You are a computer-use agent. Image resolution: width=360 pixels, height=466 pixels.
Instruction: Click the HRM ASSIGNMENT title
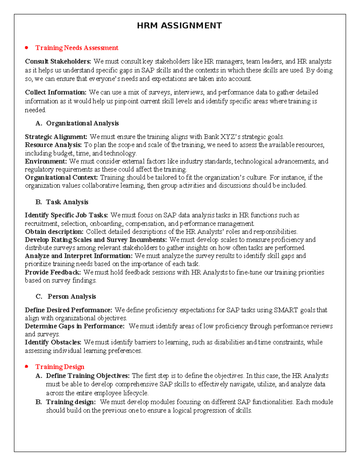179,26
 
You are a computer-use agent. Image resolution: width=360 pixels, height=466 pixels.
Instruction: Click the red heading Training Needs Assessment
77,48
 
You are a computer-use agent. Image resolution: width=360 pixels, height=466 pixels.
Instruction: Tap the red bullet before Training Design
27,366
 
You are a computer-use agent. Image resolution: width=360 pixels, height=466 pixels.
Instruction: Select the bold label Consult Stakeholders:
58,62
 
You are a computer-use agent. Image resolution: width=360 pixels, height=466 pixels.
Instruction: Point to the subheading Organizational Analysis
82,123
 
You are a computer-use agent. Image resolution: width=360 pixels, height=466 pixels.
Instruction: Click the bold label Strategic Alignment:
56,137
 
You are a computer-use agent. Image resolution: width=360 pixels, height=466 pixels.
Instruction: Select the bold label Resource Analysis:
53,145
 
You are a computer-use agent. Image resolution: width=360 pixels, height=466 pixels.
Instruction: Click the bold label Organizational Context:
61,178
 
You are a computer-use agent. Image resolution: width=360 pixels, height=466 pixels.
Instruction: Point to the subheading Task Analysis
67,202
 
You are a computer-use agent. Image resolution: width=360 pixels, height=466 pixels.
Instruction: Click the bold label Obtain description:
54,232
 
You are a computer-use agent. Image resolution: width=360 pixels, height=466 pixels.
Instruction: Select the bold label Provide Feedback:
53,272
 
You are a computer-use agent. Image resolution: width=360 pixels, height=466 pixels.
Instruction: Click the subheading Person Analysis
72,296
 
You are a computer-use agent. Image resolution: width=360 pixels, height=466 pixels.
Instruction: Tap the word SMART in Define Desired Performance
286,310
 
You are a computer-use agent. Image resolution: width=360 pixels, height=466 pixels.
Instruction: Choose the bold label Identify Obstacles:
53,342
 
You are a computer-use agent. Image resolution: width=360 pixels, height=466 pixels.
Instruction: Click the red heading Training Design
60,367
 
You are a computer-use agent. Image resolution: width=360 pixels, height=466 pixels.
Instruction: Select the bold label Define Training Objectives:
88,376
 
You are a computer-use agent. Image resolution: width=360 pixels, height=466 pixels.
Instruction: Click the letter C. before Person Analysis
39,296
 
